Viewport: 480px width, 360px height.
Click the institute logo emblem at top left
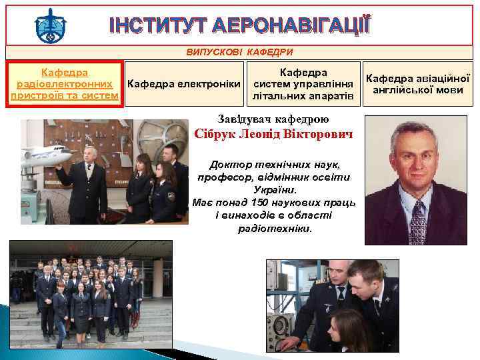[x=50, y=25]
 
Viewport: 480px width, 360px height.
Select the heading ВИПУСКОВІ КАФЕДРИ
[x=239, y=52]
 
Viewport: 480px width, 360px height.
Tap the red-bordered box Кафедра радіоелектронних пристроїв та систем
[x=65, y=83]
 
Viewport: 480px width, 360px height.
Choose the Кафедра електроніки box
[x=184, y=83]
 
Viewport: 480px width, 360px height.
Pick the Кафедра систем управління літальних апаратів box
[x=303, y=83]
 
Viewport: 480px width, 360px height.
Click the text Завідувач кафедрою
[x=273, y=119]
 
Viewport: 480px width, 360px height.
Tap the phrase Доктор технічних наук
[x=274, y=164]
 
